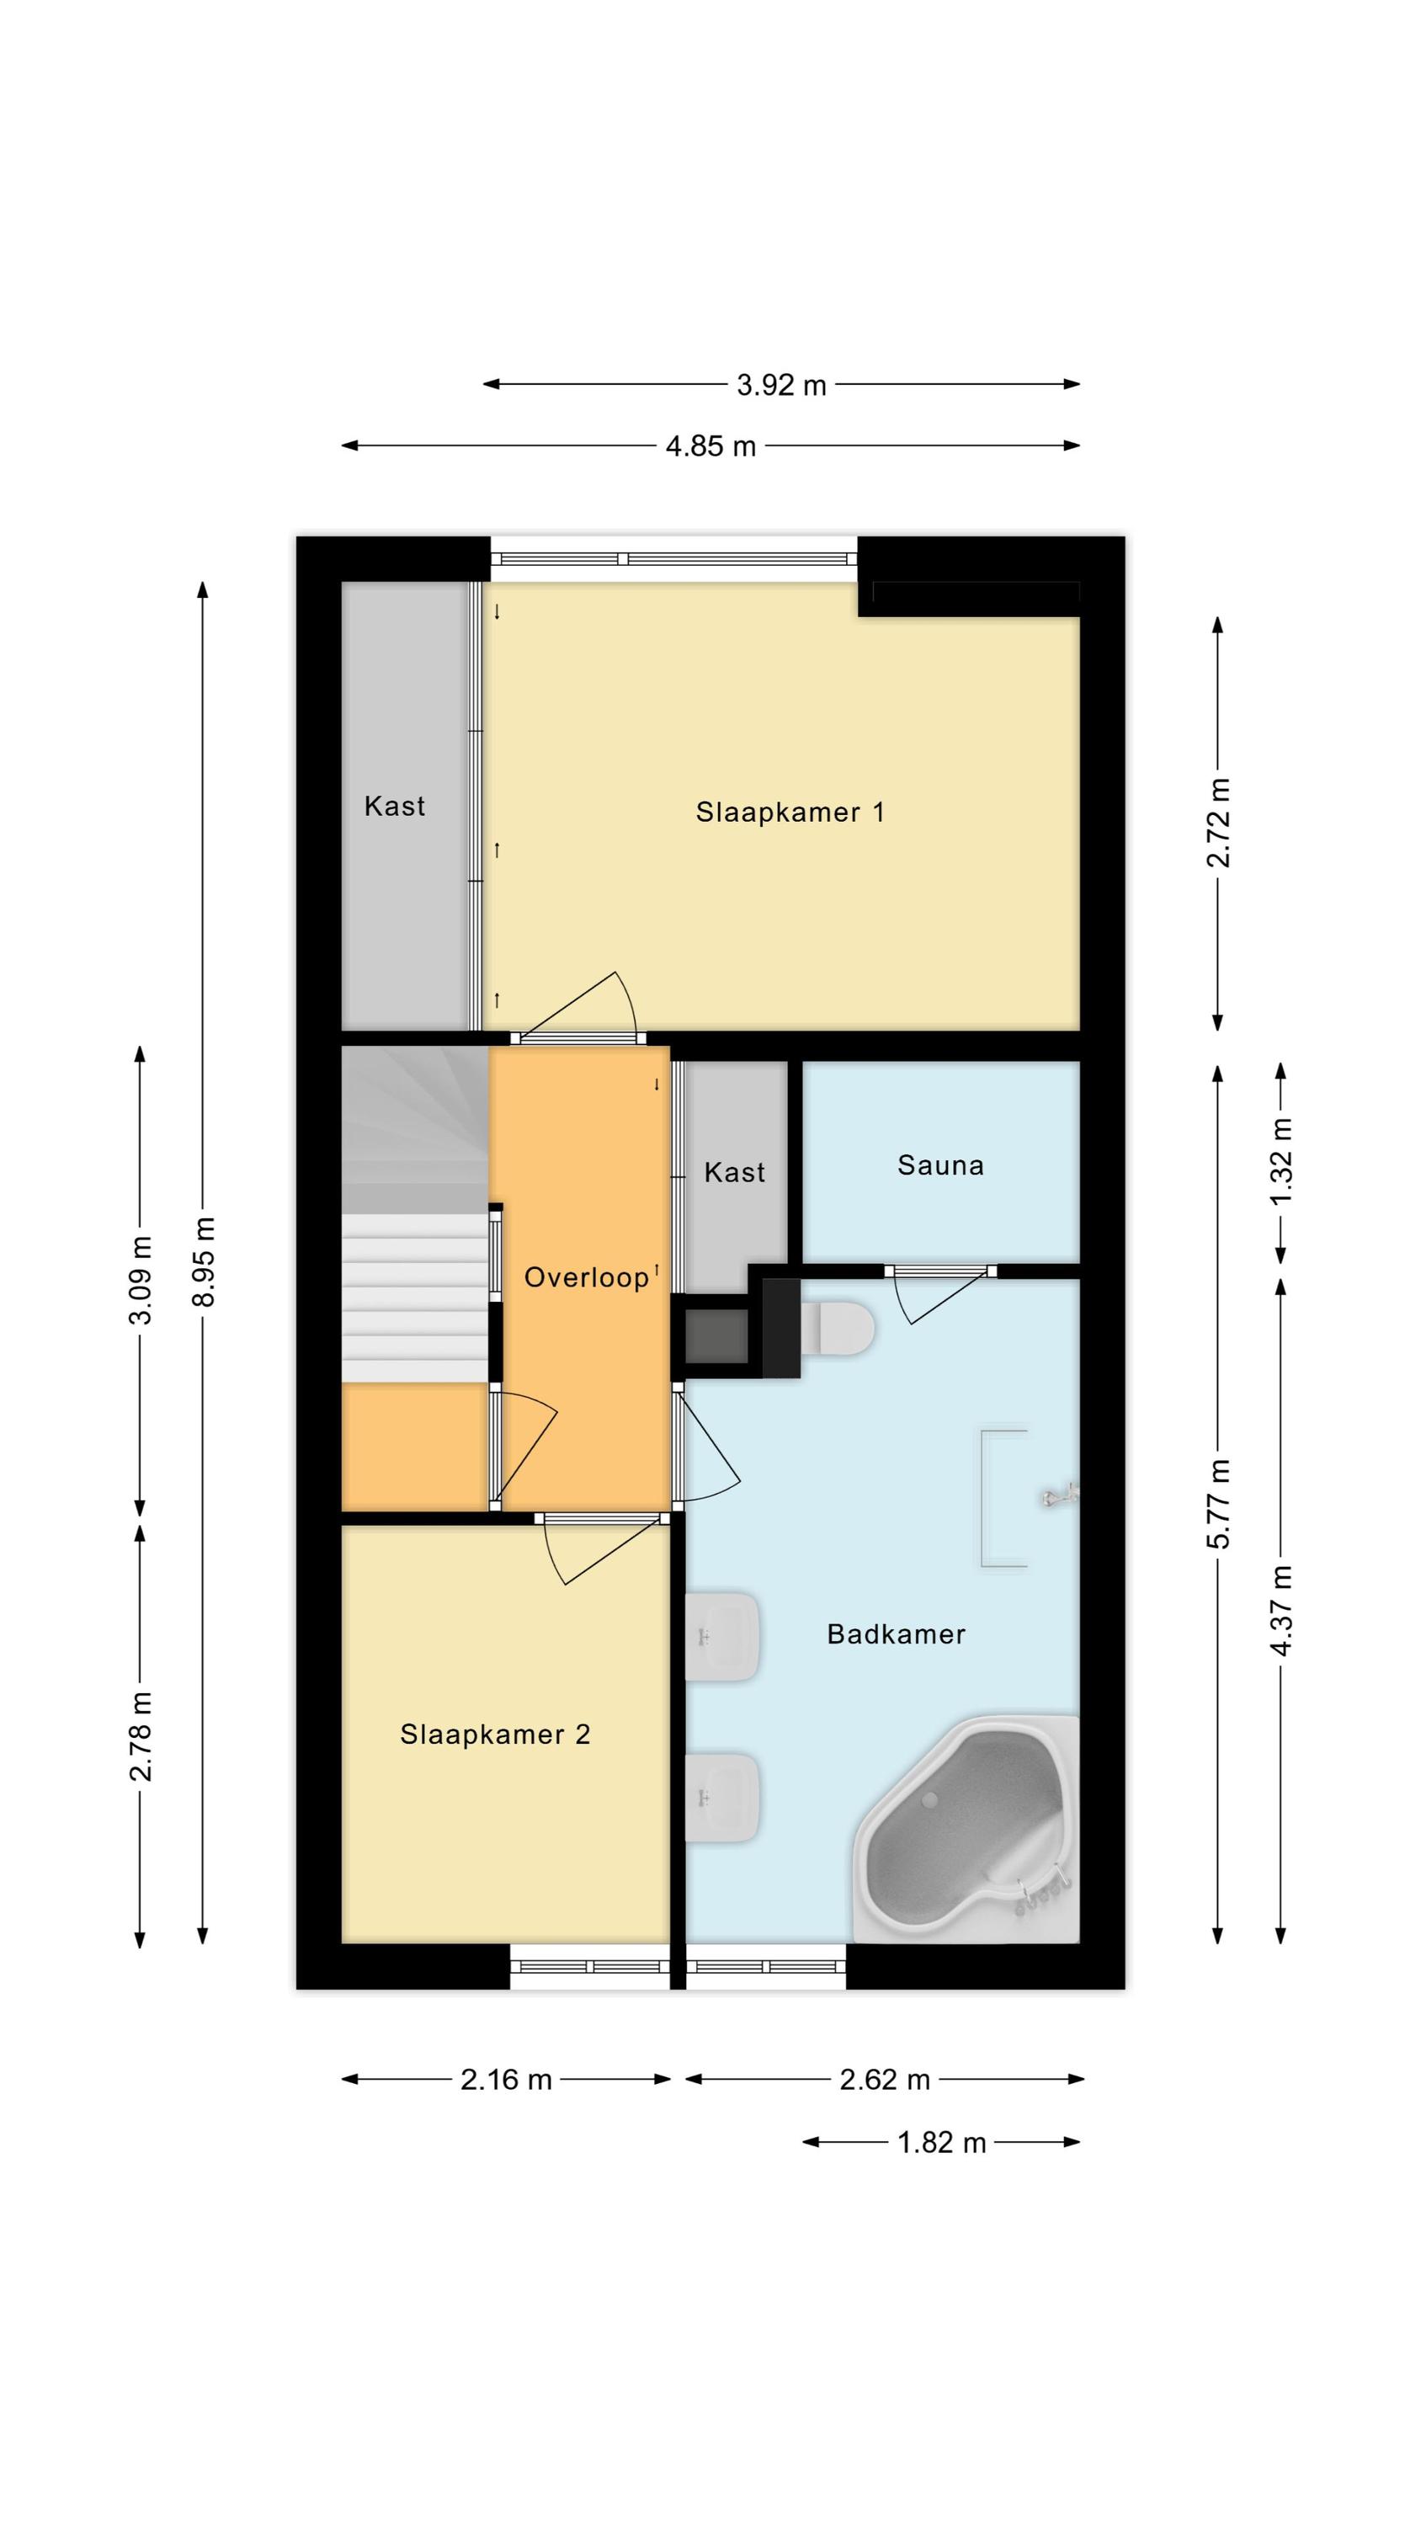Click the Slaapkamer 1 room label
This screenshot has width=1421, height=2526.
(790, 812)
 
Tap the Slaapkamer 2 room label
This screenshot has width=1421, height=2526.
(495, 1735)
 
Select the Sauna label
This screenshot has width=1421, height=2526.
(940, 1165)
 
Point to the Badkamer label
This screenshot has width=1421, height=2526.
(897, 1633)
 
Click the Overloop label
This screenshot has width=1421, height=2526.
(587, 1277)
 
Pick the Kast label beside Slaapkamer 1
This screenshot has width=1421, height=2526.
(394, 806)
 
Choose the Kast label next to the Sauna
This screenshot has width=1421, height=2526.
(735, 1172)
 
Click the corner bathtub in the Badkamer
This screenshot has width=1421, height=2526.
(965, 1830)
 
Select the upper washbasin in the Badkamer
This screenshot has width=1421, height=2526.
(721, 1637)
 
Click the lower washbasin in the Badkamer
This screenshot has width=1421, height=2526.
(721, 1798)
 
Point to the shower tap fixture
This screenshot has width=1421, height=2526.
(1060, 1495)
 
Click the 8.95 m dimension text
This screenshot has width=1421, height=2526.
(204, 1261)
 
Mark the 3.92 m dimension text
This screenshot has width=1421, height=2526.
(781, 386)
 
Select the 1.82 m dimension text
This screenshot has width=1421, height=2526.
(941, 2143)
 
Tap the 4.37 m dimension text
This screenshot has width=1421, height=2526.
(1282, 1610)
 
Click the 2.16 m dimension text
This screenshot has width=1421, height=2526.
(506, 2079)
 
